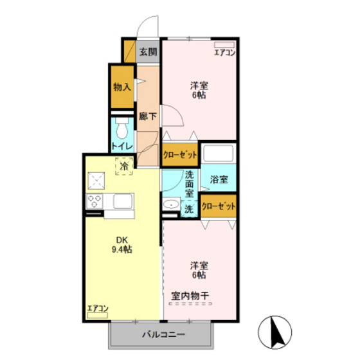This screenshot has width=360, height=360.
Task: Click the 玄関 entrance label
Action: (148, 52)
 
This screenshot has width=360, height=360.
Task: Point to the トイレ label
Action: (122, 147)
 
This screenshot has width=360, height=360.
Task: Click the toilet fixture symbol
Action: (122, 129)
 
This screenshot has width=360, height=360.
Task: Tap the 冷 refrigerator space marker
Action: (123, 166)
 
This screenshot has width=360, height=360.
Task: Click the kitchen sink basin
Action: (123, 201)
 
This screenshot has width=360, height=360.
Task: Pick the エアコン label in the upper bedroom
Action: (224, 53)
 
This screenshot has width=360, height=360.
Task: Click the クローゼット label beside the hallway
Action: (179, 154)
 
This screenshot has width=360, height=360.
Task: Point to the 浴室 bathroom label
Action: (219, 180)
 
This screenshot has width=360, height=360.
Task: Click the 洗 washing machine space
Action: (189, 208)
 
